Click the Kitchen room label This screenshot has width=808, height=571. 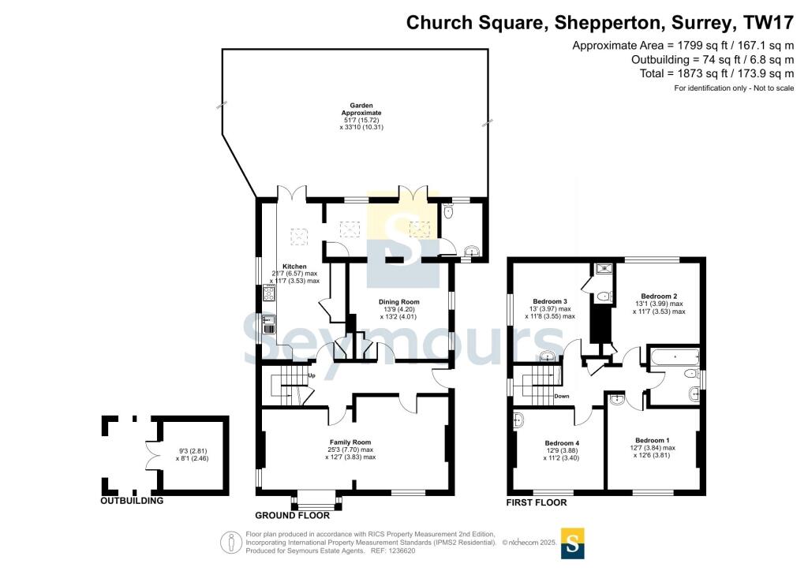(294, 267)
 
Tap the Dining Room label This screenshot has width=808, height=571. (398, 302)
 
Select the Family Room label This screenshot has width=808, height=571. (350, 442)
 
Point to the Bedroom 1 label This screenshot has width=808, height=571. (653, 440)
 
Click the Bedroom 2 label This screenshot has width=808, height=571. (659, 296)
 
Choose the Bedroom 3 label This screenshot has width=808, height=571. (550, 301)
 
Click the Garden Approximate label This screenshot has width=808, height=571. (361, 109)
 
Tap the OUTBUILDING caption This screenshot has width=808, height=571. (132, 501)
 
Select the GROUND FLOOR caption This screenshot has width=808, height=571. (292, 515)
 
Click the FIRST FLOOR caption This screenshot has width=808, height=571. (537, 502)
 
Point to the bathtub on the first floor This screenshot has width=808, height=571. (674, 356)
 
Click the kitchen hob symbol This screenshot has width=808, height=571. (269, 293)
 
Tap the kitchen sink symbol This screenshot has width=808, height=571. (269, 324)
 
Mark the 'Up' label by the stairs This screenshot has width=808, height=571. (311, 375)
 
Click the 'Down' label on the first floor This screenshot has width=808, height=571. (562, 396)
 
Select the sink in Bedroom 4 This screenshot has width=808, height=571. (518, 420)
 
